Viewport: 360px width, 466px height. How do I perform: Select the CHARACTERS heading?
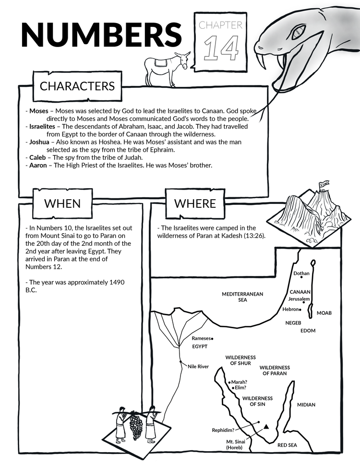[77, 86]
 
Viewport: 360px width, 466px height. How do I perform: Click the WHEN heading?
[62, 203]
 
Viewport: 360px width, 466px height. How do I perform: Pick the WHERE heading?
[195, 203]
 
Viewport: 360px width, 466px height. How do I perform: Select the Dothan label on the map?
[301, 274]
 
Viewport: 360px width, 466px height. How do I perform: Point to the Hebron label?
[290, 310]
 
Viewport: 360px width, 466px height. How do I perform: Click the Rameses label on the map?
[200, 338]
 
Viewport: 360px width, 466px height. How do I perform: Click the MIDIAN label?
[306, 405]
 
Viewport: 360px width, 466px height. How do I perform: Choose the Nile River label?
[198, 367]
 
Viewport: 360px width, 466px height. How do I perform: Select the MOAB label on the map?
[324, 313]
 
